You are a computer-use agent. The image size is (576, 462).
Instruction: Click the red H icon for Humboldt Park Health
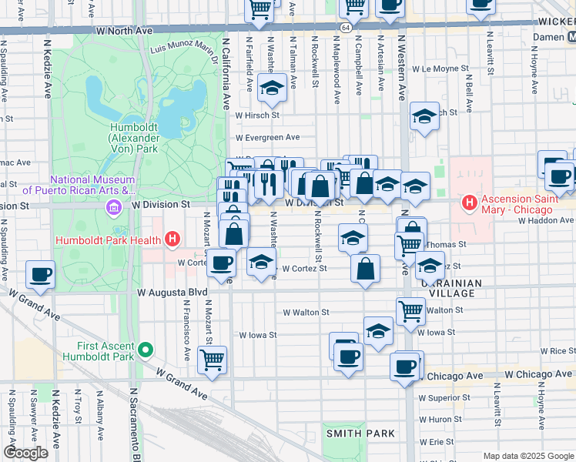pyautogui.click(x=172, y=239)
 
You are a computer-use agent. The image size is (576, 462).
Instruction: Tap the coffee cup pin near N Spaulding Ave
pyautogui.click(x=40, y=274)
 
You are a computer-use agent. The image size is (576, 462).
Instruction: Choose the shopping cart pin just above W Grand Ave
pyautogui.click(x=212, y=360)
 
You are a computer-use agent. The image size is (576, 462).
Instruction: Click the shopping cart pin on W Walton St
pyautogui.click(x=410, y=310)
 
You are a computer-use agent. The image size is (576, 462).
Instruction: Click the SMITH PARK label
pyautogui.click(x=360, y=434)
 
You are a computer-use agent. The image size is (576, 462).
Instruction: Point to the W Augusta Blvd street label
pyautogui.click(x=172, y=293)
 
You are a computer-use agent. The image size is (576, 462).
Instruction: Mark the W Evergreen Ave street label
pyautogui.click(x=268, y=137)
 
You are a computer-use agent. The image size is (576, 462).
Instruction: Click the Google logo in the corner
pyautogui.click(x=26, y=452)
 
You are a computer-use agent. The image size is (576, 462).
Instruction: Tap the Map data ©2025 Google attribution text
pyautogui.click(x=527, y=456)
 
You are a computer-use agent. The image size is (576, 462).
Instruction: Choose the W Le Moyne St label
pyautogui.click(x=441, y=69)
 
